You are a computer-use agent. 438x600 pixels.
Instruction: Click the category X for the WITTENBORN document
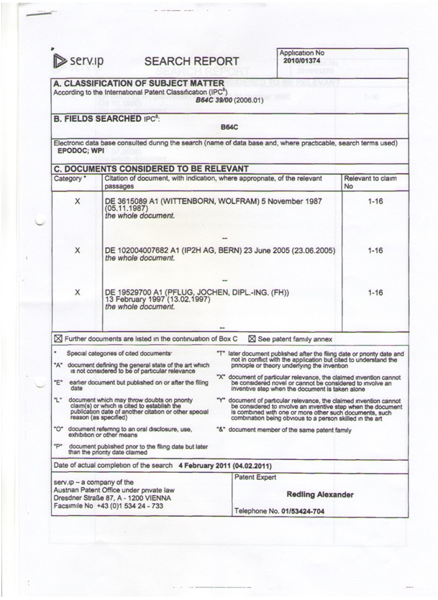pyautogui.click(x=77, y=201)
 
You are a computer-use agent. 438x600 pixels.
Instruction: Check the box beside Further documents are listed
pyautogui.click(x=59, y=338)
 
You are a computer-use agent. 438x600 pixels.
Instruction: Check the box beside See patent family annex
pyautogui.click(x=252, y=338)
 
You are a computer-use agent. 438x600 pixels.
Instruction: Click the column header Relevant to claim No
pyautogui.click(x=370, y=180)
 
